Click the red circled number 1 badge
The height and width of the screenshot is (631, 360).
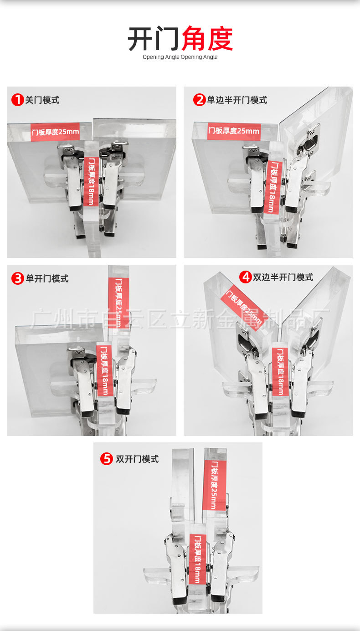tap(17, 100)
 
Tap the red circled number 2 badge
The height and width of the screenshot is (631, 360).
tap(199, 100)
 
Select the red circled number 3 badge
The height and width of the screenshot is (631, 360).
tap(17, 278)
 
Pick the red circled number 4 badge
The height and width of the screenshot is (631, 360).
tap(246, 277)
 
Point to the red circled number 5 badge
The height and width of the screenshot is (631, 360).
tap(106, 459)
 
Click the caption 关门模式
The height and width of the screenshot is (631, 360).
tap(42, 100)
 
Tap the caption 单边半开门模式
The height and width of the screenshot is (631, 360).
tap(237, 100)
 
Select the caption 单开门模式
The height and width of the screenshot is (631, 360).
tap(47, 278)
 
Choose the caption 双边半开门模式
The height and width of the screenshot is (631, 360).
tap(283, 277)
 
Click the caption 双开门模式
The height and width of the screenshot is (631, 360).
tap(137, 459)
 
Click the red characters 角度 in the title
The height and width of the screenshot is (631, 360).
tap(207, 39)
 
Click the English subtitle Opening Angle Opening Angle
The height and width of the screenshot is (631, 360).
tap(180, 57)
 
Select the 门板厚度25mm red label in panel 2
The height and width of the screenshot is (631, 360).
tap(234, 131)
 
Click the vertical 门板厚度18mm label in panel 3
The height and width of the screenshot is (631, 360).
tap(104, 370)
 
